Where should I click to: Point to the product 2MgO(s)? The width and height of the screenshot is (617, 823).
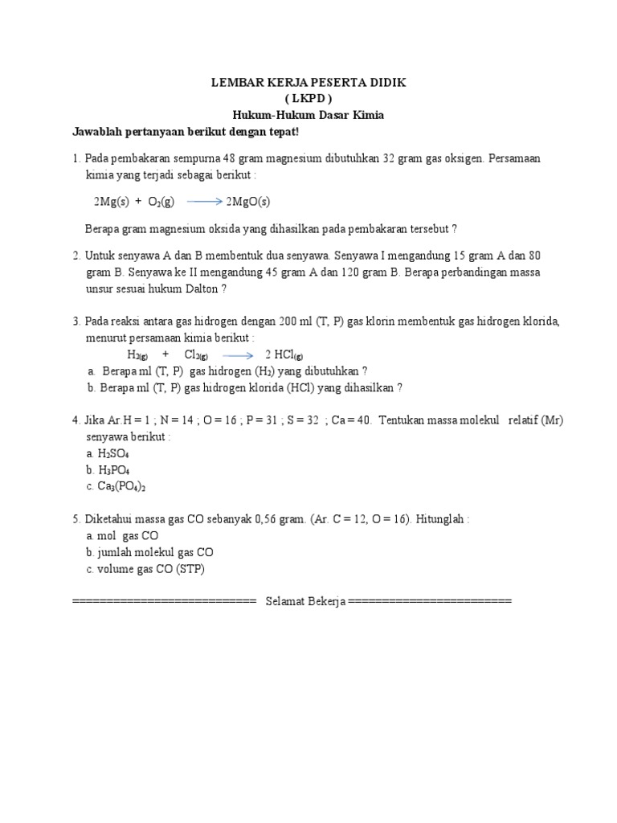[248, 202]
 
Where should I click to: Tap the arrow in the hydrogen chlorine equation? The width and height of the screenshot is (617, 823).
[238, 354]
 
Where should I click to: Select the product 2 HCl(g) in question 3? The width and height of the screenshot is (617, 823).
[284, 354]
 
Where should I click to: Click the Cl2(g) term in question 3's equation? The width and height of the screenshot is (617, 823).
[196, 354]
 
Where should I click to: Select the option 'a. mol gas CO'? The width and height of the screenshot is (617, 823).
[122, 536]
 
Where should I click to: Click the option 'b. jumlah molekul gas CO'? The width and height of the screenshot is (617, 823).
[149, 553]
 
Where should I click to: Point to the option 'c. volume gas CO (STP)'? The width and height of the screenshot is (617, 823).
[145, 570]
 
